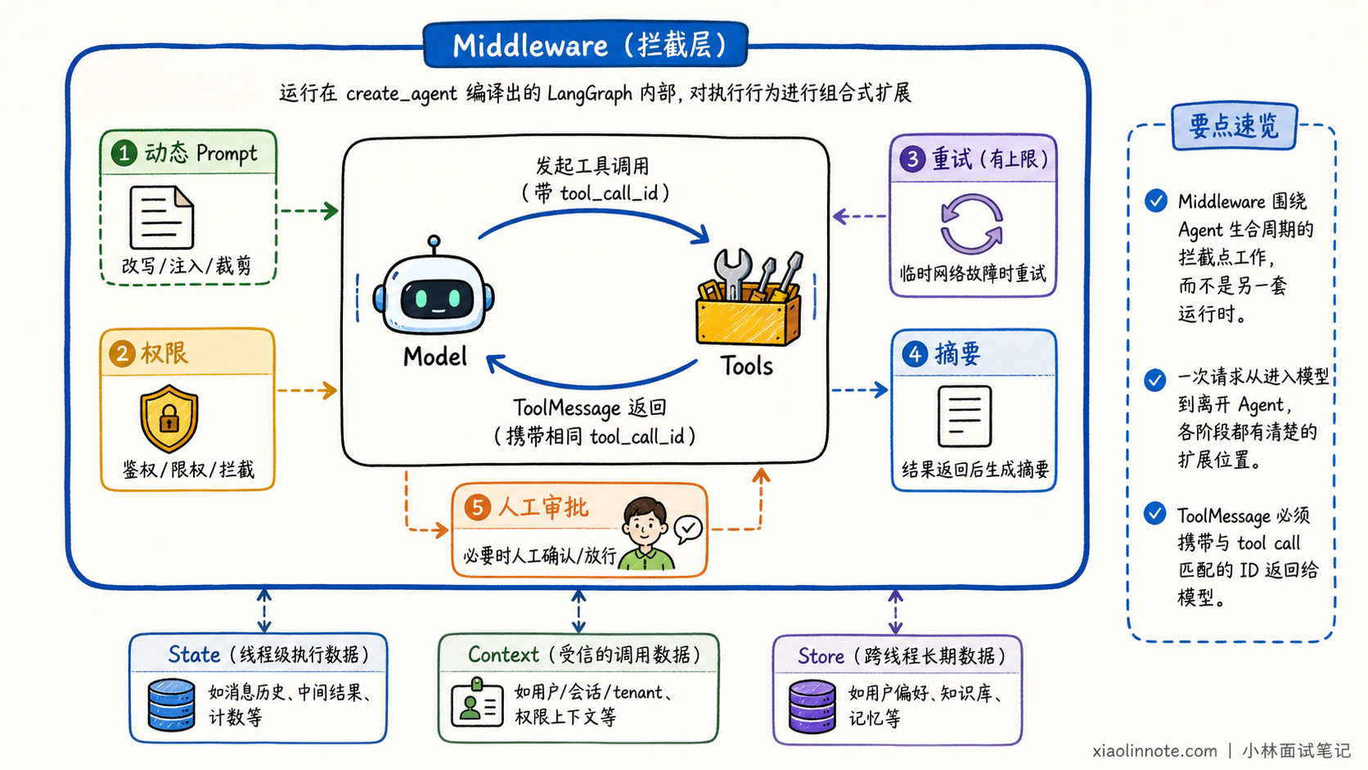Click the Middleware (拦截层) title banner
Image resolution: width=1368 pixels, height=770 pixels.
(585, 44)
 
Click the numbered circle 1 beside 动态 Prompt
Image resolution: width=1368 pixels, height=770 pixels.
(124, 153)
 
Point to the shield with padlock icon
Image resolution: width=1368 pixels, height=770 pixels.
(169, 418)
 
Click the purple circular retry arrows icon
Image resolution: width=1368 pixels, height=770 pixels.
(972, 223)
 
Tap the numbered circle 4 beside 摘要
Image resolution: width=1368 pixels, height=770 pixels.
(914, 354)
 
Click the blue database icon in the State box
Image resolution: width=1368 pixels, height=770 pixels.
(172, 705)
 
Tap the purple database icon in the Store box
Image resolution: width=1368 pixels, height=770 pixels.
(812, 706)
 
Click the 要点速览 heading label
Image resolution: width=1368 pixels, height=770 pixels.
(1235, 126)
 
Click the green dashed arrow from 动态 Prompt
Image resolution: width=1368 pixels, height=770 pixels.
(309, 210)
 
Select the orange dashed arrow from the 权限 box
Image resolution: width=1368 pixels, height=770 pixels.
(307, 390)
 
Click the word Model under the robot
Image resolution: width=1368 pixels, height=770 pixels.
(434, 357)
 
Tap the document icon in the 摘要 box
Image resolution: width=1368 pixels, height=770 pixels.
(965, 417)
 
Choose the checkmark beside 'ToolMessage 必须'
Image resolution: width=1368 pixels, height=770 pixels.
(1154, 513)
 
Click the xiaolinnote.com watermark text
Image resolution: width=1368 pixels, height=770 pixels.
(1154, 750)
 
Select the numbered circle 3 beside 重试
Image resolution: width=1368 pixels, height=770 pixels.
(912, 159)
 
